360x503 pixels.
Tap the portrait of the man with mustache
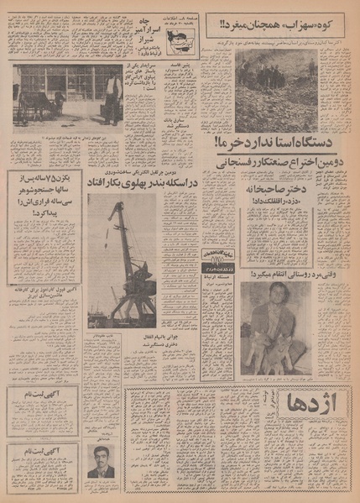point(102,459)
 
